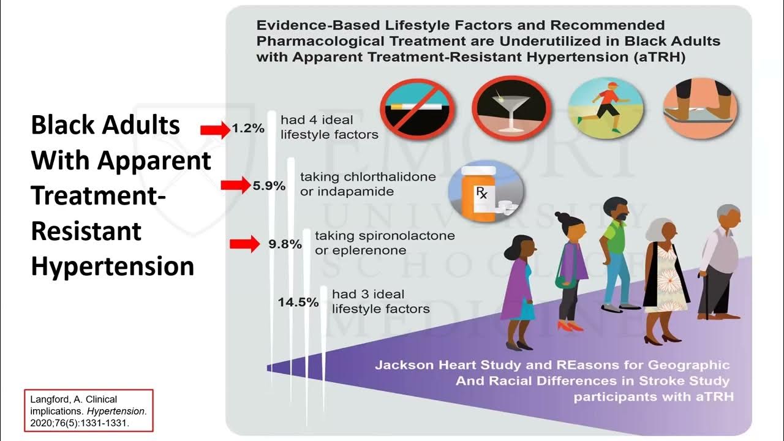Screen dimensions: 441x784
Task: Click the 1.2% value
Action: [x=248, y=129]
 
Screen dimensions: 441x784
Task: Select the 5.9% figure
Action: [x=269, y=186]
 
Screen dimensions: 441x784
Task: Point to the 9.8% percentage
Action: [x=285, y=244]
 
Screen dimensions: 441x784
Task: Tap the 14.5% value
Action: [x=298, y=302]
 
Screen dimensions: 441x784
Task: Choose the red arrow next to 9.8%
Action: [x=245, y=244]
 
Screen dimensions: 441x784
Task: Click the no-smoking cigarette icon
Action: [x=417, y=110]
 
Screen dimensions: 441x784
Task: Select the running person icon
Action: [x=606, y=108]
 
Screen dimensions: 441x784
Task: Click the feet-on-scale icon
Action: [x=701, y=108]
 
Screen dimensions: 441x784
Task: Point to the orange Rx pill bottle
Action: [x=480, y=195]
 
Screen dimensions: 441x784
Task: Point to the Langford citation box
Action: [x=89, y=410]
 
